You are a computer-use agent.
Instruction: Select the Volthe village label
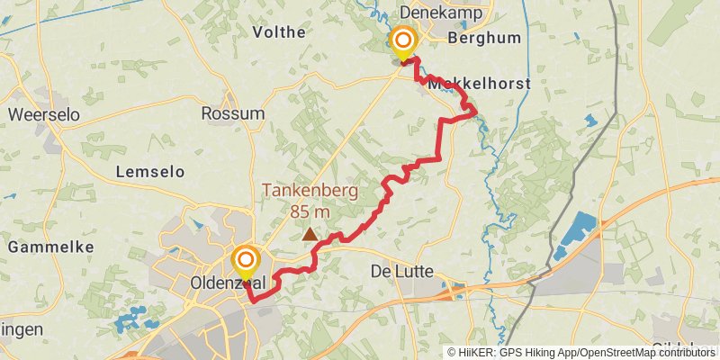(x=280, y=31)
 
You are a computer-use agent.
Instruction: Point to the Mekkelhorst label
(x=479, y=84)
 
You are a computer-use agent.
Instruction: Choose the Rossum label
(x=233, y=113)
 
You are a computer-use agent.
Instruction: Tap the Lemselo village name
(x=150, y=171)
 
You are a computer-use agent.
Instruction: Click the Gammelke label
(x=42, y=245)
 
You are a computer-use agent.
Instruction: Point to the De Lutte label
(x=402, y=271)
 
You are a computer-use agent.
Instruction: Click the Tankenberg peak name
(x=310, y=191)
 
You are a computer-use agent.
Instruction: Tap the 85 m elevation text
(x=310, y=211)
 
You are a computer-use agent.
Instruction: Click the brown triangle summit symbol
(x=310, y=235)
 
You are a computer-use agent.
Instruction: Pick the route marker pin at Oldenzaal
(x=245, y=262)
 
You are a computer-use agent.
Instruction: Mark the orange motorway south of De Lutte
(x=396, y=307)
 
